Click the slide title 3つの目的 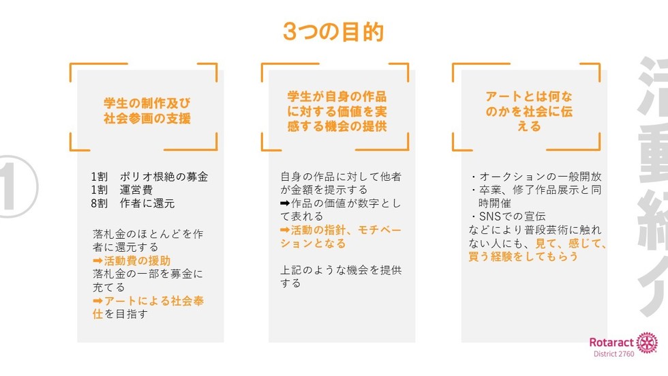(333, 32)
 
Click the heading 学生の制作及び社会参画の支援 (147, 111)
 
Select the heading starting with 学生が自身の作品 (337, 111)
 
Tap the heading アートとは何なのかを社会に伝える (529, 111)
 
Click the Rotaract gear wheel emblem (647, 343)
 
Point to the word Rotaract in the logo (612, 342)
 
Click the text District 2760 (614, 354)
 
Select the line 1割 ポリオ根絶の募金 (149, 177)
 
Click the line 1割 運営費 (121, 190)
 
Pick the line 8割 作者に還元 (132, 203)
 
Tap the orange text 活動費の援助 (137, 261)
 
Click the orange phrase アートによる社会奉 (154, 300)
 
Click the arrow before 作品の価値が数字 (285, 203)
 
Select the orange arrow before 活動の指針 (285, 230)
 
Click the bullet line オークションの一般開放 (536, 177)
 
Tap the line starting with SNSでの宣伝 (508, 216)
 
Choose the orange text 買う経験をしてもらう (523, 256)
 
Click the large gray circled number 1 (17, 187)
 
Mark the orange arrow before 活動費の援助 (97, 261)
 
